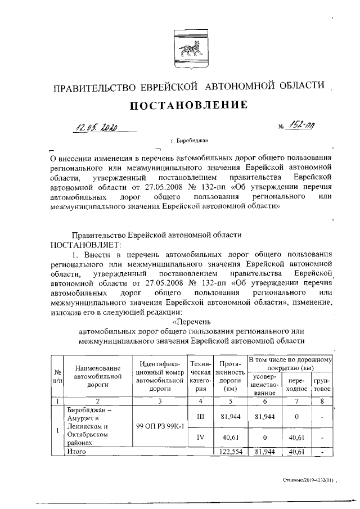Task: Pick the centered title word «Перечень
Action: click(x=192, y=322)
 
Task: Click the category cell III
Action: click(x=201, y=417)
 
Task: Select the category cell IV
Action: click(x=201, y=437)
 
